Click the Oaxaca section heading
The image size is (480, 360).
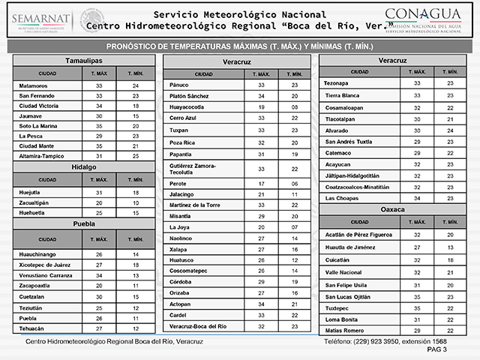pyautogui.click(x=393, y=208)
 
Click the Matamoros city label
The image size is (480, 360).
pyautogui.click(x=34, y=86)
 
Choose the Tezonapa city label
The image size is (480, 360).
pyautogui.click(x=338, y=82)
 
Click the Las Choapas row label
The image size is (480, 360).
pyautogui.click(x=341, y=198)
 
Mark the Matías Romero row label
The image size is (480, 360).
pyautogui.click(x=343, y=330)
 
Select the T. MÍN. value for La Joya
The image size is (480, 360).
pyautogui.click(x=295, y=226)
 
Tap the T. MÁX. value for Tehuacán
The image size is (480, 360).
pyautogui.click(x=100, y=328)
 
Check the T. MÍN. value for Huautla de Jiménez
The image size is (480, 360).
pyautogui.click(x=450, y=247)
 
